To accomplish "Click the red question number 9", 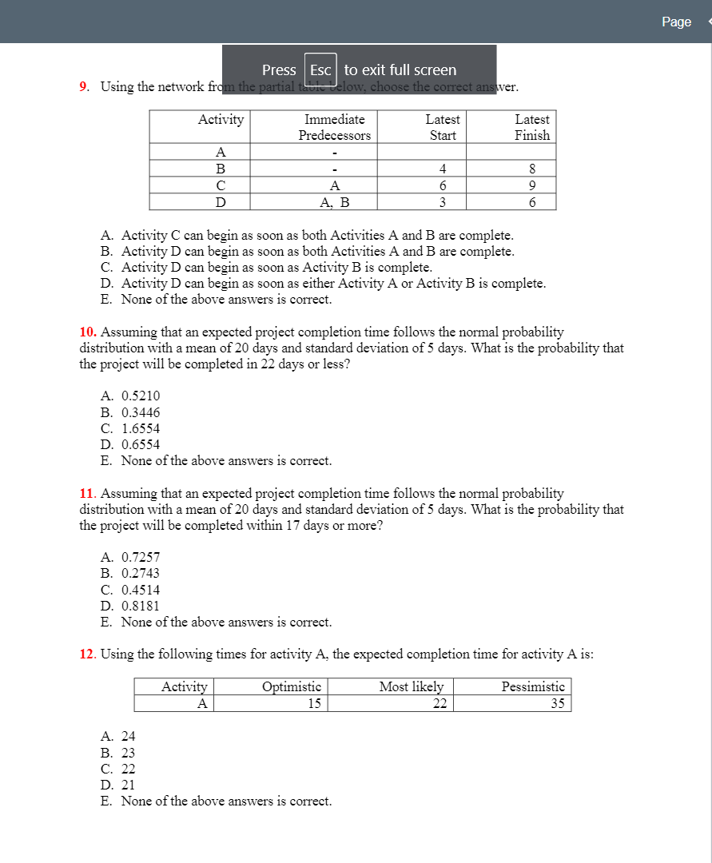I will tap(84, 86).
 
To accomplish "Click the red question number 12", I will tap(87, 654).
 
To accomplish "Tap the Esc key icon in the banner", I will tap(320, 70).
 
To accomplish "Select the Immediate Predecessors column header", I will tap(334, 127).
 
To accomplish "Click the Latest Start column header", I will tap(443, 127).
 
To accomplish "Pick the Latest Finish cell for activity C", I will tap(531, 185).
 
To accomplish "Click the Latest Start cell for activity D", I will tap(442, 202).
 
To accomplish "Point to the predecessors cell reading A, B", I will tap(334, 202).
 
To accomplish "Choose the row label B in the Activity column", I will tap(221, 169).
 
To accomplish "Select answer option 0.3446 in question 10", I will tap(140, 412).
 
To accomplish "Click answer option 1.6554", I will tap(140, 428).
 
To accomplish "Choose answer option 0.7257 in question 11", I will tap(140, 557).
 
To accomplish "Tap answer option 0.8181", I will tap(140, 606).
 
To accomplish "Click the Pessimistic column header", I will tap(533, 686).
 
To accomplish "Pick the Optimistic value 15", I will tap(314, 703).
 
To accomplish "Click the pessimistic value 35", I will tap(557, 703).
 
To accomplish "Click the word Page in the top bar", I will tap(676, 22).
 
